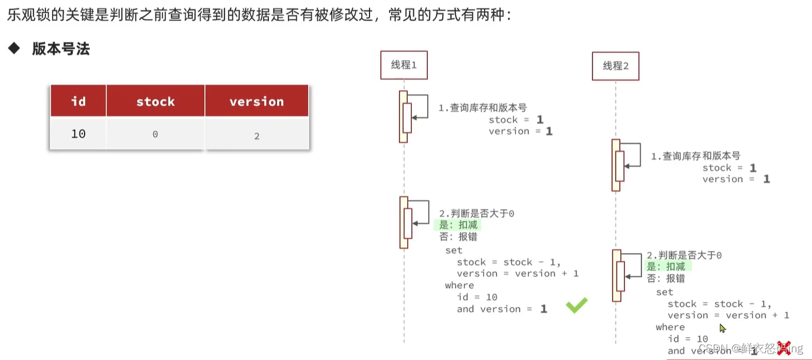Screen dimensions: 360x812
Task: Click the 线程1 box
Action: point(404,65)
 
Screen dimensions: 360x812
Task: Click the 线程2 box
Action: point(615,66)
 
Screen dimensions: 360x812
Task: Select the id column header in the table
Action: point(78,101)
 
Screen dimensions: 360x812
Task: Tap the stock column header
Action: point(155,101)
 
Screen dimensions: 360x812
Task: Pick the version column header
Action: point(257,101)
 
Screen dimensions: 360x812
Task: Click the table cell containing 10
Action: point(78,134)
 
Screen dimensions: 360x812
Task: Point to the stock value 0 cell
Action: point(155,134)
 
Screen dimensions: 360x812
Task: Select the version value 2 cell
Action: point(257,135)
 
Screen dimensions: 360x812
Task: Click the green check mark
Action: point(577,305)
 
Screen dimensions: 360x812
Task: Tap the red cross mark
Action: point(783,348)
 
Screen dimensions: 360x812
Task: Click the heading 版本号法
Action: point(61,49)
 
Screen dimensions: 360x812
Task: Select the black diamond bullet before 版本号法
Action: point(14,48)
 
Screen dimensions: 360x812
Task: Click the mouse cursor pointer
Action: point(723,328)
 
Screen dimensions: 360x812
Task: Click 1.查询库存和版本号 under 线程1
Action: point(482,108)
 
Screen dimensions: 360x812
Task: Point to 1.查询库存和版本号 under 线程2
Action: point(695,156)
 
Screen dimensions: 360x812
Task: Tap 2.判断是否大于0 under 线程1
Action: point(477,214)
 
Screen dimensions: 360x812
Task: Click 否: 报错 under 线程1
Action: point(458,236)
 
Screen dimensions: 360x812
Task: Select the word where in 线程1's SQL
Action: point(459,285)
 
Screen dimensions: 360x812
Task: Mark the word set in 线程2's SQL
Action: point(664,292)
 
